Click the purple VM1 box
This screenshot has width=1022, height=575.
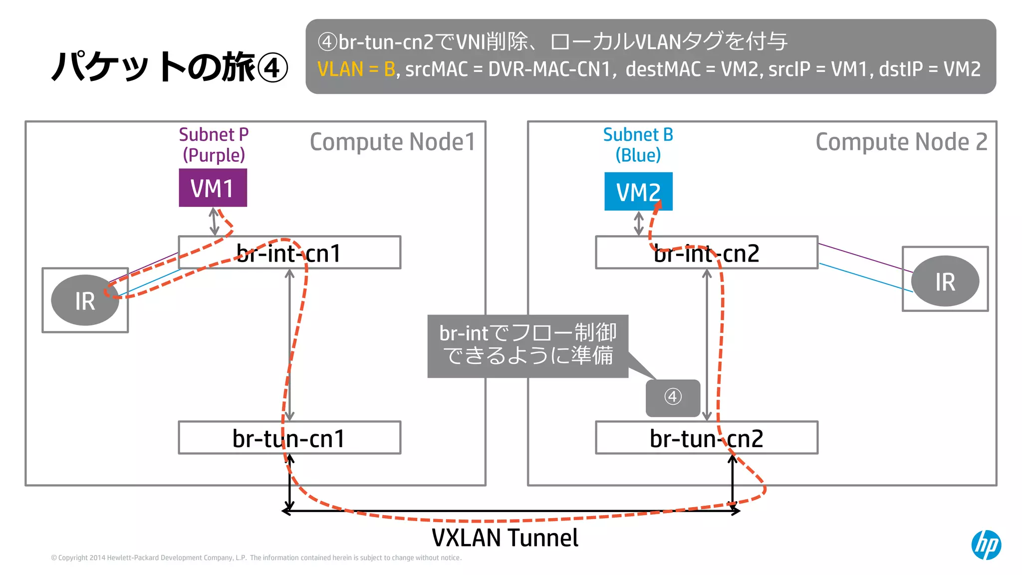(213, 188)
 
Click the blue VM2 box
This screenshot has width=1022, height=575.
(638, 192)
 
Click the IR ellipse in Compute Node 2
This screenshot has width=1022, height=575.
(945, 281)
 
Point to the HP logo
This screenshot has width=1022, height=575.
(986, 545)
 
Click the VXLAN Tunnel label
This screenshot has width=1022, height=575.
(505, 538)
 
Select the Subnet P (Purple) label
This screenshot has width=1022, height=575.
(214, 145)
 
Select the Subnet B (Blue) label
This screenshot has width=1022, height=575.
(638, 145)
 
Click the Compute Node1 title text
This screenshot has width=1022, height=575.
(392, 142)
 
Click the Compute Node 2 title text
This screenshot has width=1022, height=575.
(901, 142)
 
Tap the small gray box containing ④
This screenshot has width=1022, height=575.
(673, 398)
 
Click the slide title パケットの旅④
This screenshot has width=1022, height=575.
(170, 67)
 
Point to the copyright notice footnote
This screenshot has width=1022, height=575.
(256, 558)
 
